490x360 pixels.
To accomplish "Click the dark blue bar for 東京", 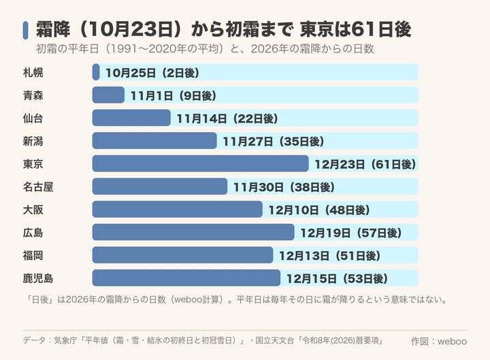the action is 200,164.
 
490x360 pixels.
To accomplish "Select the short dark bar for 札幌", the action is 96,72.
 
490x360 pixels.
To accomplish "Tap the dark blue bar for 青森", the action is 108,95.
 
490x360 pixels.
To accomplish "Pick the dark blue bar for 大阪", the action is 177,210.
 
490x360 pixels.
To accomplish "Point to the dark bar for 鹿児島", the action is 186,278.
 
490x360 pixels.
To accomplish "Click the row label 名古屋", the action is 38,187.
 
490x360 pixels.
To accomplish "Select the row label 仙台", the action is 33,118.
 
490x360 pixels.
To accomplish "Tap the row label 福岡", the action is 33,255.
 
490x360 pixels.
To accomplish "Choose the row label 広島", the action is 33,233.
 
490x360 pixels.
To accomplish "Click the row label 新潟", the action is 33,141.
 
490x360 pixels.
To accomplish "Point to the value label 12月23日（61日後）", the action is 365,164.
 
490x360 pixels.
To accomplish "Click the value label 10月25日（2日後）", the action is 152,73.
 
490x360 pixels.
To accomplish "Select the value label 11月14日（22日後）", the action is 227,118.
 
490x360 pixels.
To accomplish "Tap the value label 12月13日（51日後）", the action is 329,256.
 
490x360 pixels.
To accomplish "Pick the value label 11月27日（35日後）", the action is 274,142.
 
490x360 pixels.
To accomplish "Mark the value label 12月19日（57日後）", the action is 351,233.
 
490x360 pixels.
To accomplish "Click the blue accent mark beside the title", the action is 26,30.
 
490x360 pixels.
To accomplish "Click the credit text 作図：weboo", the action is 439,341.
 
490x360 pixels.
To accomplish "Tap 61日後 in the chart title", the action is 380,29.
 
